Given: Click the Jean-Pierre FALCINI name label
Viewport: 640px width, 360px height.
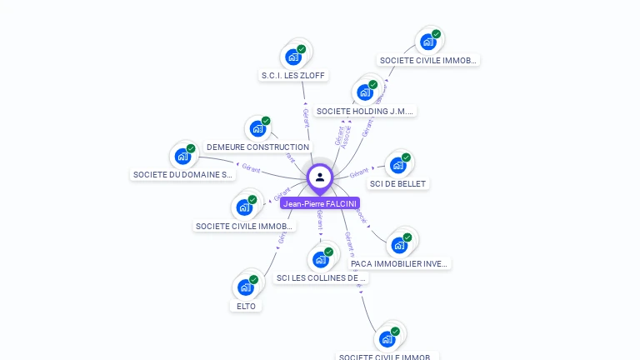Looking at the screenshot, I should point(320,203).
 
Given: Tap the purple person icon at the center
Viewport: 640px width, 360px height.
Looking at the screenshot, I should point(320,177).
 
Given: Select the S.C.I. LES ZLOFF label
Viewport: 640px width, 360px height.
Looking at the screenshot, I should point(292,75).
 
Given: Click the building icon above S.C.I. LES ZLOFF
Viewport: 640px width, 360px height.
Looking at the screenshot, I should point(292,57).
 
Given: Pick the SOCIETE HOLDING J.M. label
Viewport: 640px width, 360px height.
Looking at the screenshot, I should point(365,111).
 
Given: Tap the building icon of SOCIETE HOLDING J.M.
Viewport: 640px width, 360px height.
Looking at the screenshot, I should point(364,92).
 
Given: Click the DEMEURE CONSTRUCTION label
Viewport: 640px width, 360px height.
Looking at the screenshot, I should point(257,147).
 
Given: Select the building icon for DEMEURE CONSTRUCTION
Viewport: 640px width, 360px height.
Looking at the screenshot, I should point(257,128).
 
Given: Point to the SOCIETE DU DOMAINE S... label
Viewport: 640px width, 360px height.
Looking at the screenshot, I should point(183,175).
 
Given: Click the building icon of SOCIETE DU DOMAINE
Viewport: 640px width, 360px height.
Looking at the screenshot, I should point(182,156).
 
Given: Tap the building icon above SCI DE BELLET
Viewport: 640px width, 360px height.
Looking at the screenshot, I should point(397,165).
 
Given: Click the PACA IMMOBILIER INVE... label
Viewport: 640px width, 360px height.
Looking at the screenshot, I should point(399,263).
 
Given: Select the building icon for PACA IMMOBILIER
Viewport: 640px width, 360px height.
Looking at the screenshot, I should point(400,245).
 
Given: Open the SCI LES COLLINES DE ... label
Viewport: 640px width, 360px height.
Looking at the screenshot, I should point(322,277).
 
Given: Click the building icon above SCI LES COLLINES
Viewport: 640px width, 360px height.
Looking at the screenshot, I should point(321,259).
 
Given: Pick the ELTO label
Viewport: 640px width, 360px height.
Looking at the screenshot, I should point(246,306).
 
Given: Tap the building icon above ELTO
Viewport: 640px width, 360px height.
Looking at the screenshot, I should point(245,287).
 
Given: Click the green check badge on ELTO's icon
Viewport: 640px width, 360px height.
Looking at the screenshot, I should point(253,279).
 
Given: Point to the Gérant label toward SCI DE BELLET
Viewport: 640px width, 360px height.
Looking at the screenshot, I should point(359,172).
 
